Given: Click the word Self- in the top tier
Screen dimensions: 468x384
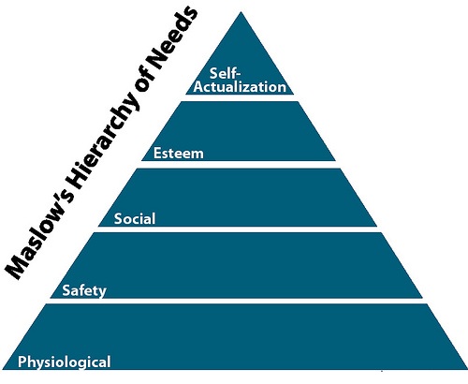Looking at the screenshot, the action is [225, 73].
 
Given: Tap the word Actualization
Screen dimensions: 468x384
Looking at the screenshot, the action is [240, 87].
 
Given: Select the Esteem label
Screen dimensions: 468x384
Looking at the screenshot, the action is [179, 154].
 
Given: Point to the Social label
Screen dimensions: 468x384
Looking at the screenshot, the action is [135, 218].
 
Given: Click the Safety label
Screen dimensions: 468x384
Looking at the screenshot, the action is [84, 290].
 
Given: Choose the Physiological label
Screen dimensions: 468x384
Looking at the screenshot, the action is [65, 362].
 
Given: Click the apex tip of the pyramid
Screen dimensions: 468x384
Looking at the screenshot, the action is [241, 12].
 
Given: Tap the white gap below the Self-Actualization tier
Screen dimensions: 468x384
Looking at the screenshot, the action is [240, 97].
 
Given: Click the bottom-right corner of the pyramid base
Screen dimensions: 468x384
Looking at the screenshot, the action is [467, 370].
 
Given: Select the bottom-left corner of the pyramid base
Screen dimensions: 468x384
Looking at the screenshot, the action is [3, 370].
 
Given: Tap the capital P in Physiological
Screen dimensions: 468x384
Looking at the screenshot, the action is [22, 362].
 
